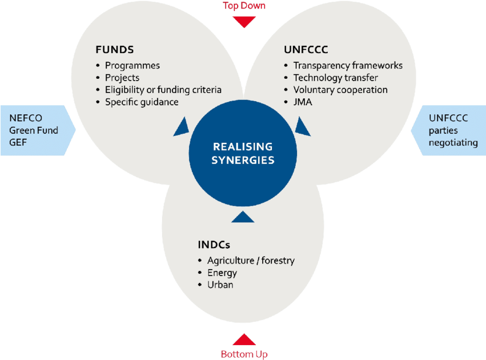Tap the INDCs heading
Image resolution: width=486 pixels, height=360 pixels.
click(x=214, y=245)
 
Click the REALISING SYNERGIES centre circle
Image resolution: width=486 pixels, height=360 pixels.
click(x=243, y=153)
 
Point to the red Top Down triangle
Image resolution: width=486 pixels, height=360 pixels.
click(x=244, y=22)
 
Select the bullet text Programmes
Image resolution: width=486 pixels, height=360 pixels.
click(x=132, y=65)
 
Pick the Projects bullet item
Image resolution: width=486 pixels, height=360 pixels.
click(x=122, y=78)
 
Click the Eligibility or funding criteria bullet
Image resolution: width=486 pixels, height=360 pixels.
click(x=163, y=90)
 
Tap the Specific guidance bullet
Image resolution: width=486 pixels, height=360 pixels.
click(x=142, y=102)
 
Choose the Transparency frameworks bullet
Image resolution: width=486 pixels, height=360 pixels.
click(x=348, y=65)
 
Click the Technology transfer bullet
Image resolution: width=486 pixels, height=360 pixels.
click(x=335, y=78)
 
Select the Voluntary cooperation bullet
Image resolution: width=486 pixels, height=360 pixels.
click(x=340, y=90)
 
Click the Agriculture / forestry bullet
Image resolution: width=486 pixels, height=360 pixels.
click(x=251, y=261)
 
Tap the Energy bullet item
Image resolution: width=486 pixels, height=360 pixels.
click(x=222, y=273)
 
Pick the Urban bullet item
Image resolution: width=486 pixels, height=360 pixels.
click(x=220, y=285)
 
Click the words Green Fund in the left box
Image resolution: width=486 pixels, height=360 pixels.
click(x=34, y=130)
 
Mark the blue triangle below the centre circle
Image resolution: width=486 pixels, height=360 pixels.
click(x=243, y=217)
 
